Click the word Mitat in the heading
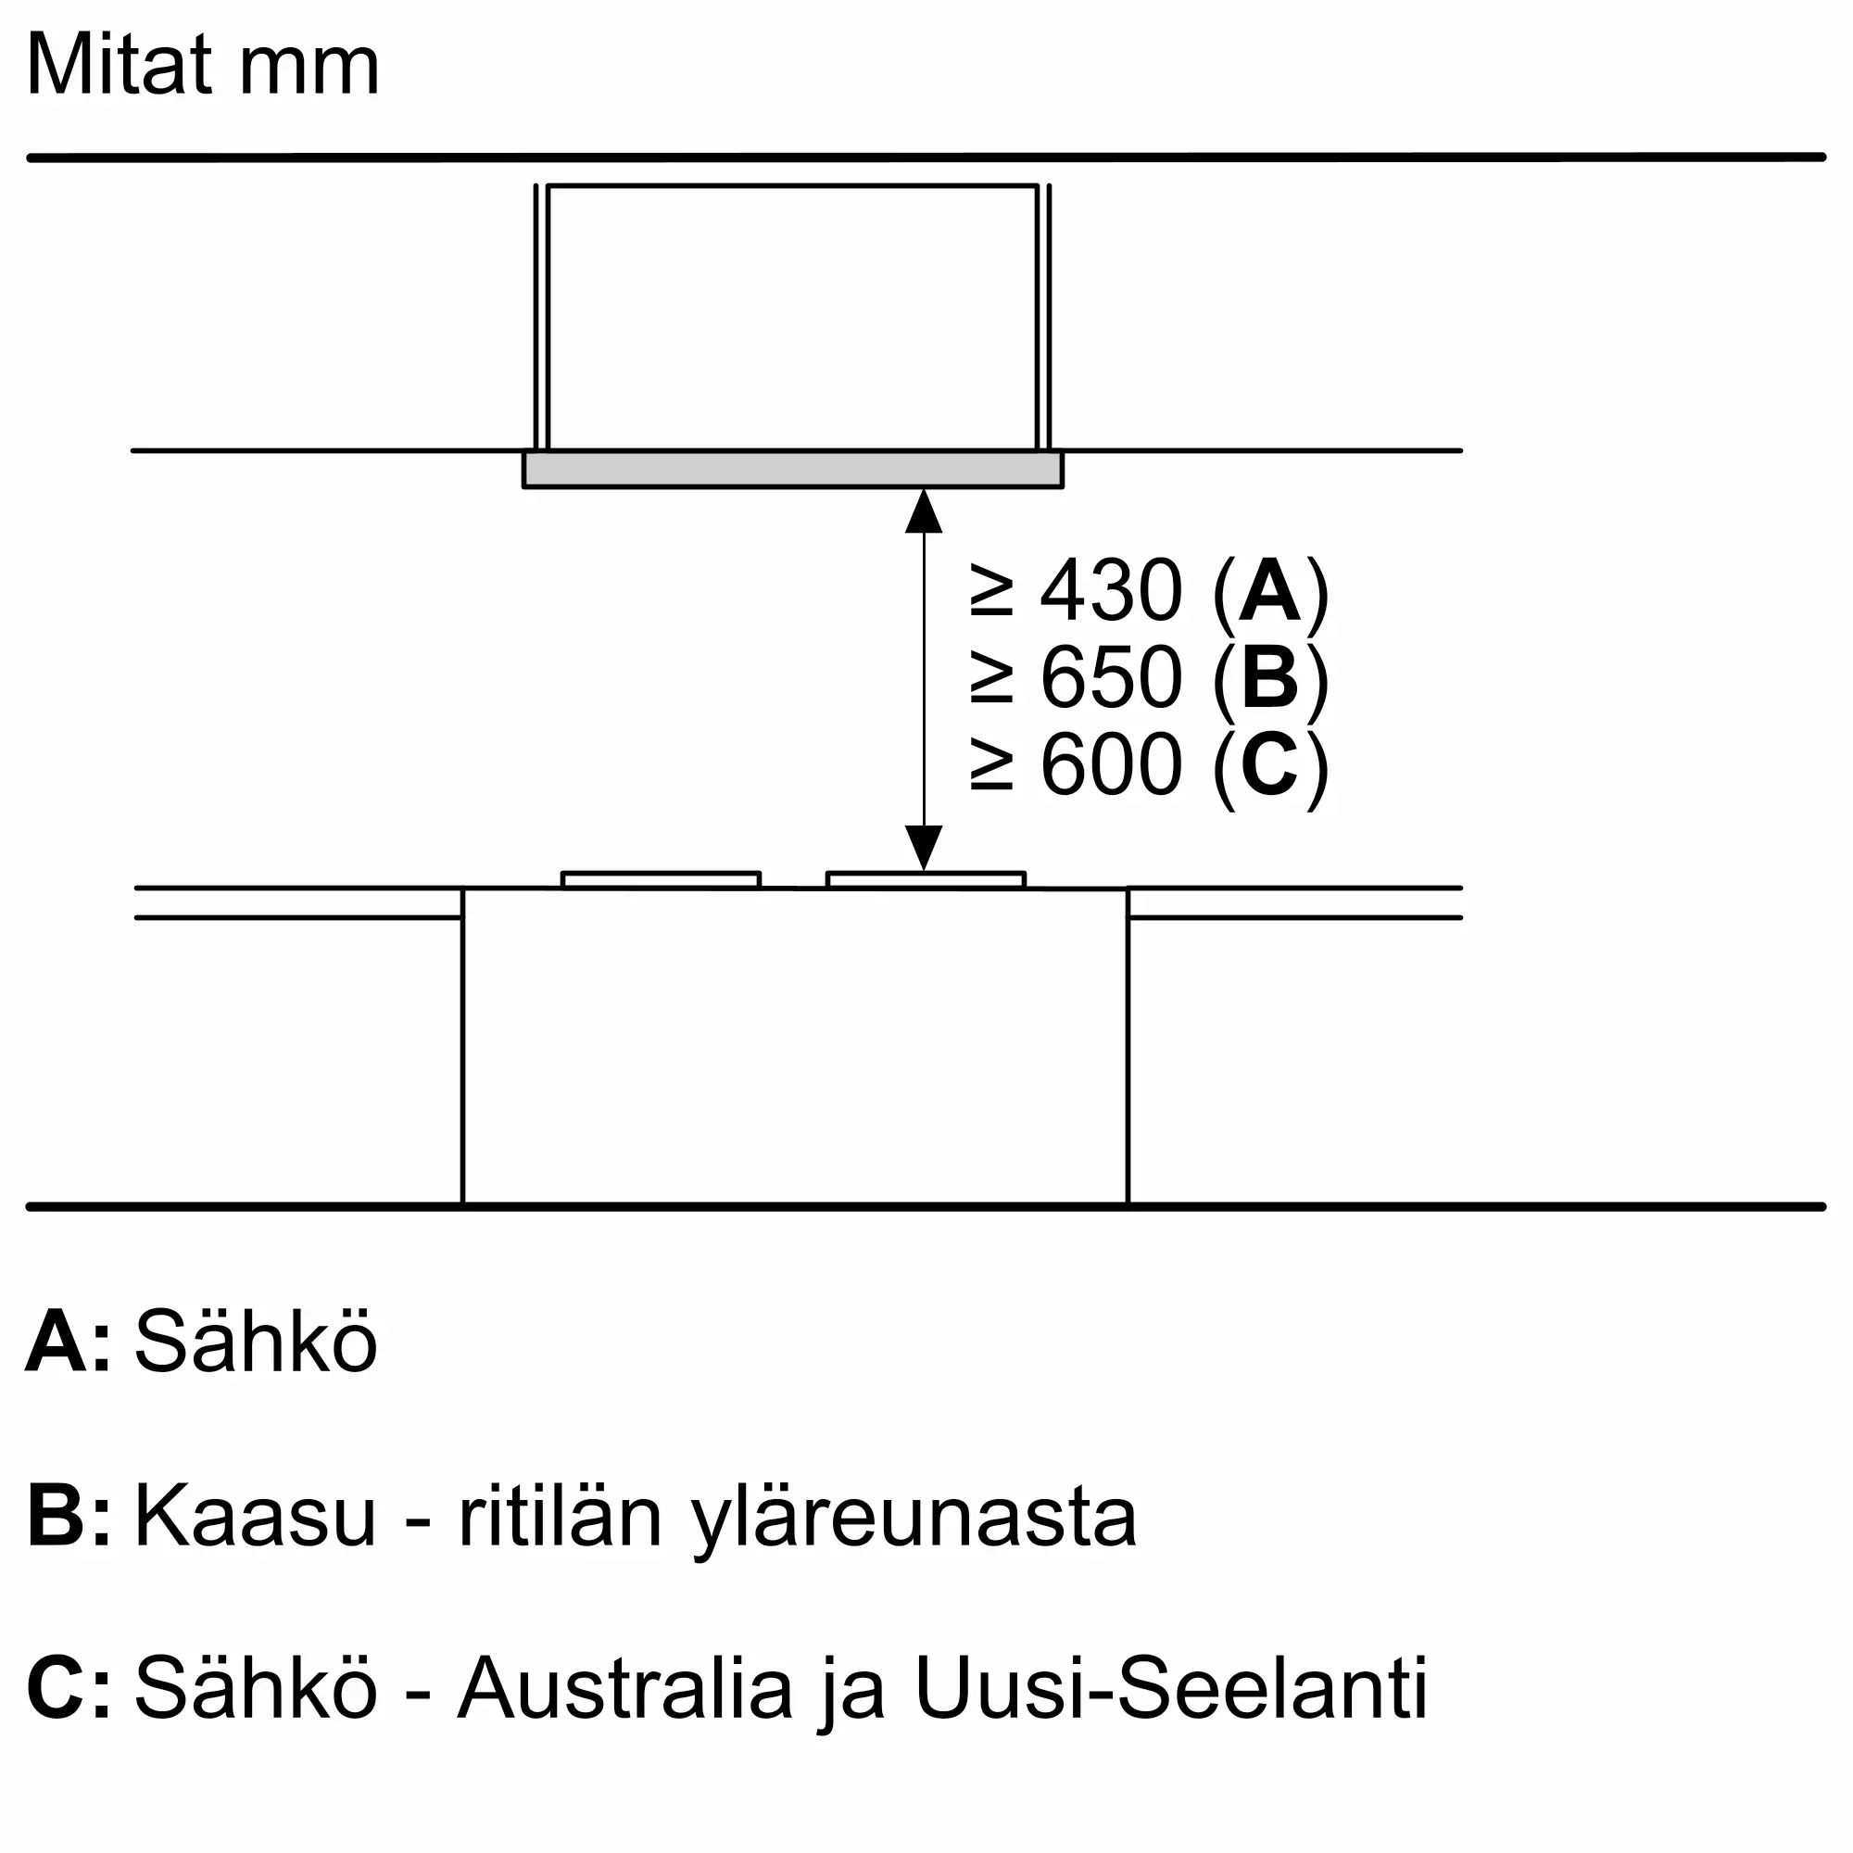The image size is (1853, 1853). pyautogui.click(x=119, y=65)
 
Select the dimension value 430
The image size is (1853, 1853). pyautogui.click(x=1111, y=591)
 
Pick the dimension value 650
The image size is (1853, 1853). pyautogui.click(x=1111, y=677)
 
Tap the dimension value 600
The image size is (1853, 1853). pyautogui.click(x=1111, y=764)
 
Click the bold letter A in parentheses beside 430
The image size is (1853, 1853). pyautogui.click(x=1269, y=591)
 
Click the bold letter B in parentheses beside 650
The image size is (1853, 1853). pyautogui.click(x=1269, y=677)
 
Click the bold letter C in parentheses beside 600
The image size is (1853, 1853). pyautogui.click(x=1269, y=764)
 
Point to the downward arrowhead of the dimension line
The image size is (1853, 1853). pyautogui.click(x=924, y=848)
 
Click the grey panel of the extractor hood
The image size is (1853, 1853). pyautogui.click(x=792, y=469)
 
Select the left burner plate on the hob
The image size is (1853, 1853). pyautogui.click(x=661, y=879)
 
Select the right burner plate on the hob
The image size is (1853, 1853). pyautogui.click(x=926, y=879)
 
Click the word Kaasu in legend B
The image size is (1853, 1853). pyautogui.click(x=254, y=1519)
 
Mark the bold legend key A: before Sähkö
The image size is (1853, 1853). pyautogui.click(x=67, y=1341)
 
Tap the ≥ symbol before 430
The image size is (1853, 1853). pyautogui.click(x=991, y=591)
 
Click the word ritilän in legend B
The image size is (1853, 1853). pyautogui.click(x=561, y=1519)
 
